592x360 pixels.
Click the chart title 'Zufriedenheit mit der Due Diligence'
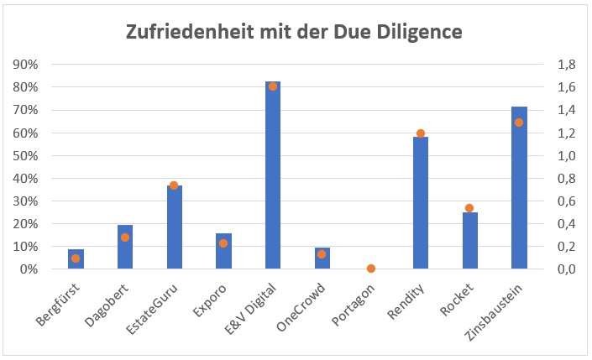[295, 32]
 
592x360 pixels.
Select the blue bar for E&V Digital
[273, 176]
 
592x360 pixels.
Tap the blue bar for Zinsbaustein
[519, 189]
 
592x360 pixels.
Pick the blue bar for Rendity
[421, 203]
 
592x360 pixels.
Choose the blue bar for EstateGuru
[174, 227]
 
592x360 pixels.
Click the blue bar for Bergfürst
[76, 259]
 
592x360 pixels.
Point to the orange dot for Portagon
[371, 269]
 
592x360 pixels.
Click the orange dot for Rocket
[469, 208]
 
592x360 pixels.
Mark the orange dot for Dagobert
[125, 237]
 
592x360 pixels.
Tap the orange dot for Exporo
[223, 243]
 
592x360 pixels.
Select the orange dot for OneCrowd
[322, 254]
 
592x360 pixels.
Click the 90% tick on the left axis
[26, 65]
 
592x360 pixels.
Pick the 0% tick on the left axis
[29, 269]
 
